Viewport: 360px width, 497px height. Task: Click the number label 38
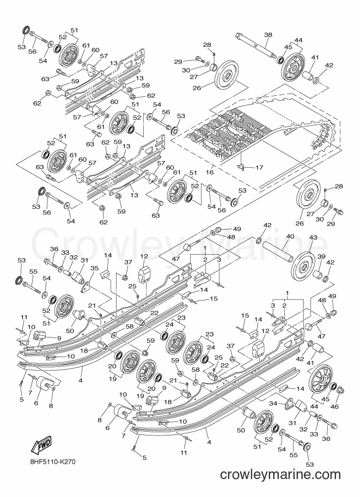point(268,35)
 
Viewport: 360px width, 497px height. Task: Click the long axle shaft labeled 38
point(257,46)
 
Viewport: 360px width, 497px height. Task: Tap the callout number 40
point(290,236)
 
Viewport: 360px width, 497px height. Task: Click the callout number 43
point(304,237)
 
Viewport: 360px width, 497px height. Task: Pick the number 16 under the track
point(210,173)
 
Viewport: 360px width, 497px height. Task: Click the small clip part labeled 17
point(242,166)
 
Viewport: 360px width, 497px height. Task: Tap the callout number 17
point(259,168)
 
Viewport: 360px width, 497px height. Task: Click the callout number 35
point(94,269)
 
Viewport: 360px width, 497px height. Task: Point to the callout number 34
point(274,403)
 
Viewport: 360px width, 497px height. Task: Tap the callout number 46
point(334,407)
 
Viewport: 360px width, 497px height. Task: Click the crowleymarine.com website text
point(280,474)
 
